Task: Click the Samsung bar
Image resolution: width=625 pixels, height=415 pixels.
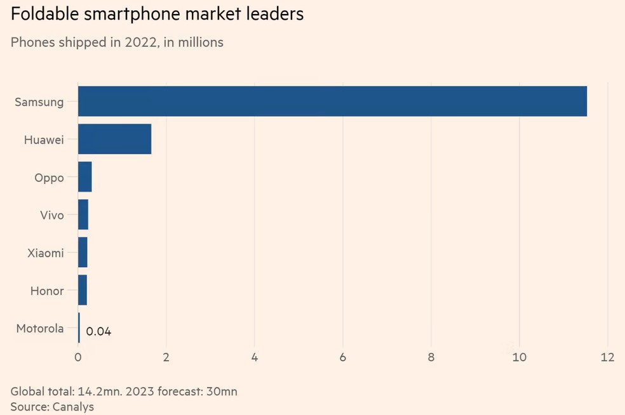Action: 332,102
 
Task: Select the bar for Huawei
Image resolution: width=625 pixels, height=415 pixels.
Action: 114,139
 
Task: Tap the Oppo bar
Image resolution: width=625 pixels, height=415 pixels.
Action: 84,177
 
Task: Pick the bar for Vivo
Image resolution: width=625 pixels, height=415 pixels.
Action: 83,214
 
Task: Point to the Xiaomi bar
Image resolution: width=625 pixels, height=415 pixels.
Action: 83,253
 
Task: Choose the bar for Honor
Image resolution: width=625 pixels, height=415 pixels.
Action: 82,290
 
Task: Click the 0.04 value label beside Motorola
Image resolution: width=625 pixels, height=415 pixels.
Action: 98,331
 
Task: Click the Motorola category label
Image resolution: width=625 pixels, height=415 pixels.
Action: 39,328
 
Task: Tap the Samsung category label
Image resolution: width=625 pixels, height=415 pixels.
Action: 39,102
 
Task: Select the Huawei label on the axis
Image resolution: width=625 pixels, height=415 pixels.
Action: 43,140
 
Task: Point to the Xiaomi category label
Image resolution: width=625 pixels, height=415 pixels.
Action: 45,253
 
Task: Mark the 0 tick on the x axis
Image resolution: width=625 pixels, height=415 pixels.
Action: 77,357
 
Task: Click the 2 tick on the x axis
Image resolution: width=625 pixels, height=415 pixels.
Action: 166,357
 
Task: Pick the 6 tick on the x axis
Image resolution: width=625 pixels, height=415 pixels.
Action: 342,357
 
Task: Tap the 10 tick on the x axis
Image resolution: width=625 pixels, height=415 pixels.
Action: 519,357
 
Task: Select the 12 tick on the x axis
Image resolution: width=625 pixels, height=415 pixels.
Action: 607,357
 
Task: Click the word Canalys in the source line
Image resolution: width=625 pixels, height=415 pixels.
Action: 72,407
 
